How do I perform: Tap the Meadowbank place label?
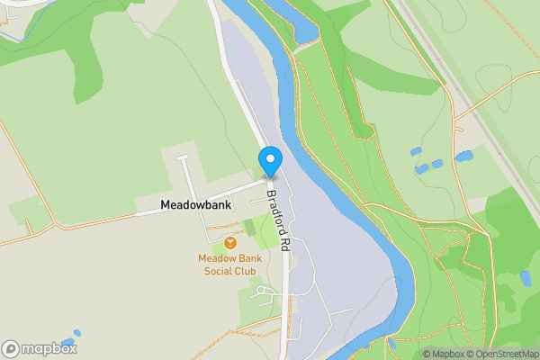195,205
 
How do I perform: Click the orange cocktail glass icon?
230,243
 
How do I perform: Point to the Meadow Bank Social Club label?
229,265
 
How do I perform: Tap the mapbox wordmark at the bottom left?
49,348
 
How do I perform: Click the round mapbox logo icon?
11,348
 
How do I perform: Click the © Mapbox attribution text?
442,354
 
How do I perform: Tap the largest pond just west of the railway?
464,156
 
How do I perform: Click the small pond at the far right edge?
526,278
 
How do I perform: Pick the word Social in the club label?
218,271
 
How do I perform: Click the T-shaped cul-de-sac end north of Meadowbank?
183,158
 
